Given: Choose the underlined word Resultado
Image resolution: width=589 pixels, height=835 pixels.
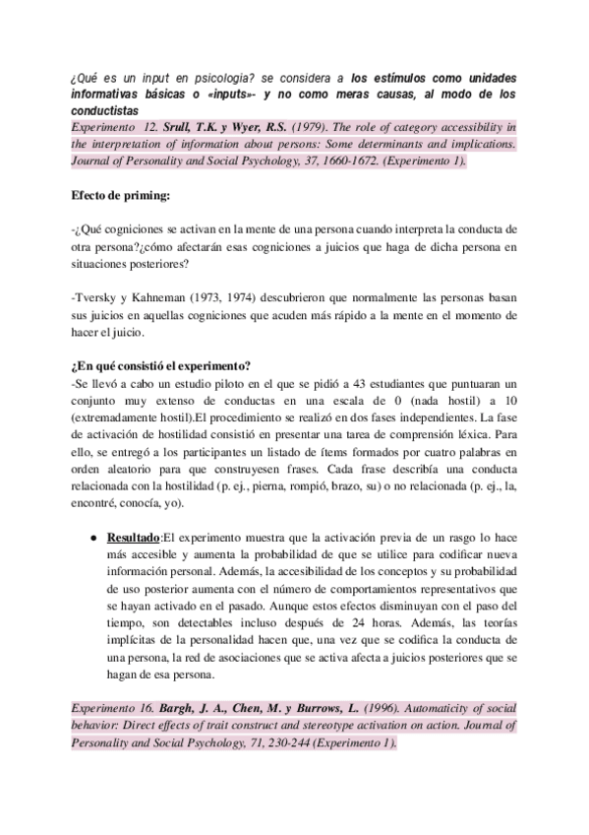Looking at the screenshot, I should [133, 539].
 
